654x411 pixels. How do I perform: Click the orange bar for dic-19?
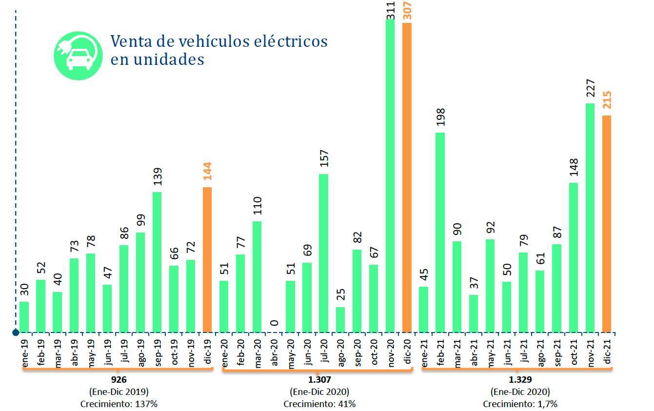point(207,259)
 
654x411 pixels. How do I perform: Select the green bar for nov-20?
point(390,176)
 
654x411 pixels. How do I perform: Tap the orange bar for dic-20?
point(407,177)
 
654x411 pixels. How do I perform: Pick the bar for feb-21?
point(440,233)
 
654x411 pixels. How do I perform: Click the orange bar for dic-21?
point(607,224)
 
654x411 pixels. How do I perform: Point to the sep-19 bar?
point(157,262)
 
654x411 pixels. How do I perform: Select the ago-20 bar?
point(340,320)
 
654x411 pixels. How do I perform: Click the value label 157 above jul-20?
point(324,158)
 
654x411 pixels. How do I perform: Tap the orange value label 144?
point(207,171)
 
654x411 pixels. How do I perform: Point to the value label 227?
point(590,88)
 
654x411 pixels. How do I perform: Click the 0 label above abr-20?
point(274,323)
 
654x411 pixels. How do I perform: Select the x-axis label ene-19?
point(24,353)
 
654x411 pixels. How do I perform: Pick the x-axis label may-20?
point(291,354)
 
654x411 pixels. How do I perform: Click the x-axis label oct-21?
point(574,352)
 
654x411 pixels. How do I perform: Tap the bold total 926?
point(119,379)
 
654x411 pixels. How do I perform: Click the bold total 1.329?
point(520,379)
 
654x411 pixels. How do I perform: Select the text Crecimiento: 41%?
point(320,404)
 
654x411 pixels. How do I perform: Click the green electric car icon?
point(78,56)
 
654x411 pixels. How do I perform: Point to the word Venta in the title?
point(131,41)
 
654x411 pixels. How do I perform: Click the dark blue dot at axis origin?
point(16,332)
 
